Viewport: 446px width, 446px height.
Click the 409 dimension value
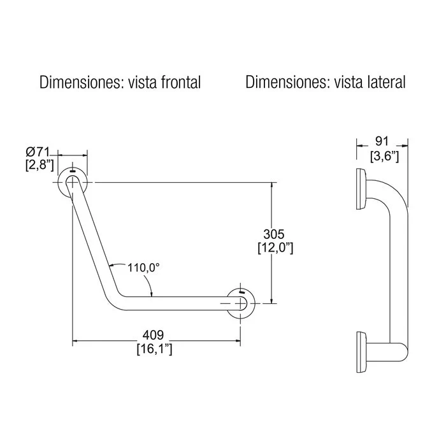tap(153, 335)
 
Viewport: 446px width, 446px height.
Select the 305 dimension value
tap(273, 234)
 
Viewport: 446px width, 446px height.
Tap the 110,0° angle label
tap(143, 268)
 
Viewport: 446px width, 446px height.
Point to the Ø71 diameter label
tap(38, 152)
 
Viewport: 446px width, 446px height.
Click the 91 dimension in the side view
tap(382, 141)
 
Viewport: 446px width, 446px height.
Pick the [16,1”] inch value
tap(154, 349)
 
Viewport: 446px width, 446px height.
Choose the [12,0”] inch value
tap(275, 248)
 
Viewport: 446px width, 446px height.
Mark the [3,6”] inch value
tap(385, 156)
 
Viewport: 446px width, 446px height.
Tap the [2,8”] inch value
tap(40, 165)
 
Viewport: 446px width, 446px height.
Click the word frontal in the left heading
tap(181, 82)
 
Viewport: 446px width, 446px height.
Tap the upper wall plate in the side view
tap(361, 189)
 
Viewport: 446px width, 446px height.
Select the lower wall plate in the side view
tap(361, 352)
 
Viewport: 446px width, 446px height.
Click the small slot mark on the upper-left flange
tap(73, 171)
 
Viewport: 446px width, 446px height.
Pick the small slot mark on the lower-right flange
tap(241, 292)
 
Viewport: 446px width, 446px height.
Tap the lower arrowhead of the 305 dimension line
tap(272, 300)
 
